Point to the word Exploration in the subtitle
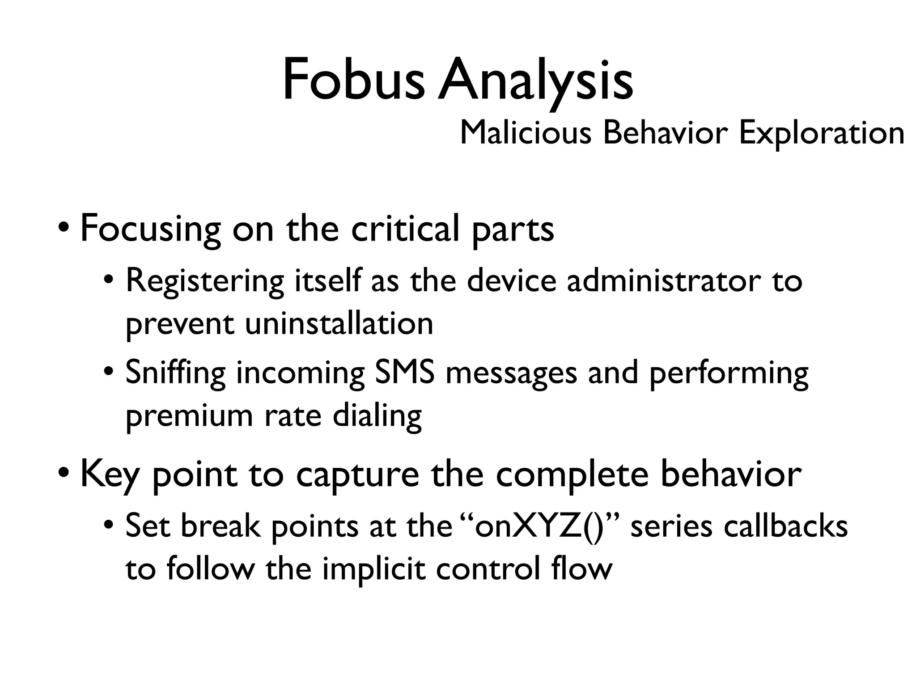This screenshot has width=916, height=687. pos(822,134)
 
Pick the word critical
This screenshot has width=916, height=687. pos(405,228)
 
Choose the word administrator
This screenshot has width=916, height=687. pos(663,281)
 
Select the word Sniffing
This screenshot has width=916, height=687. pos(175,373)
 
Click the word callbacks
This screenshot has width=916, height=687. pos(785,526)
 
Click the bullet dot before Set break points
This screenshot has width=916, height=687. pos(108,524)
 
